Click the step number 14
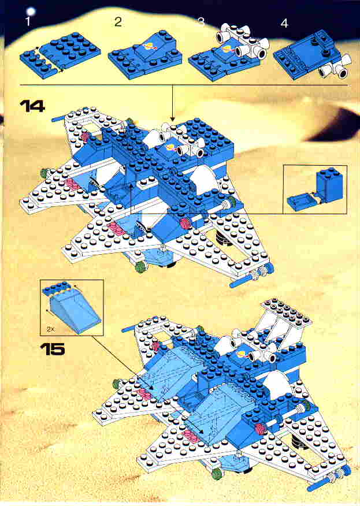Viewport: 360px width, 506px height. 32,106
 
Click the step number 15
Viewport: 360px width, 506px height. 53,349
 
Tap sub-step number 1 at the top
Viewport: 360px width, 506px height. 28,23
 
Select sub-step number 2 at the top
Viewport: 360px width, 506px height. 118,23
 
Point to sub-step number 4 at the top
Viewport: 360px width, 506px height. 284,23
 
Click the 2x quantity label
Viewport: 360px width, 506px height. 51,329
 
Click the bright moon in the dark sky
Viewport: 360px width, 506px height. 31,12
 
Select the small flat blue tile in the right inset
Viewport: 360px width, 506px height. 299,200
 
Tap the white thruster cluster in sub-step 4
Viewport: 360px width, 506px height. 334,66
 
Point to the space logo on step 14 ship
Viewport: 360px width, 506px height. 170,148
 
